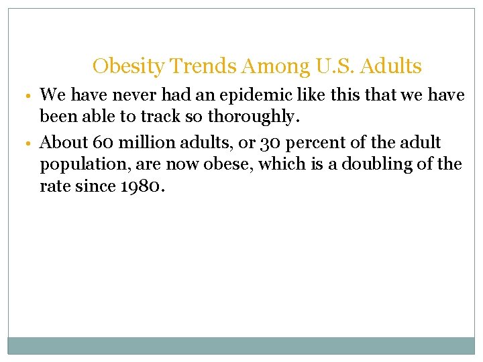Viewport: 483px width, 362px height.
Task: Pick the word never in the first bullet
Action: (x=127, y=96)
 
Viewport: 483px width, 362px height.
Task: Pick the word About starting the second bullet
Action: (x=63, y=143)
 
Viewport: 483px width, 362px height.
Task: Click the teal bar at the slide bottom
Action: (x=241, y=345)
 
